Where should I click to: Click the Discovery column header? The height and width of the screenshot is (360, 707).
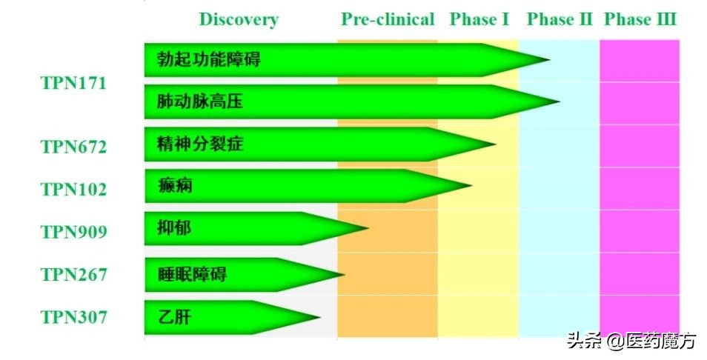tap(239, 19)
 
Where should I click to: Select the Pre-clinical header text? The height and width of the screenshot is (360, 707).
tap(388, 19)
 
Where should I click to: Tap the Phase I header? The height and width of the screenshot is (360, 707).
tap(479, 19)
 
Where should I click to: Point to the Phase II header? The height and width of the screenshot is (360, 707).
tap(560, 19)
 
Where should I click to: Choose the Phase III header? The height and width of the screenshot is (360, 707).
tap(640, 19)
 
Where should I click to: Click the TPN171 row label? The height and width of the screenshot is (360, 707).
tap(73, 83)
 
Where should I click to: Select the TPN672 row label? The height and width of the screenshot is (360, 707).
tap(73, 147)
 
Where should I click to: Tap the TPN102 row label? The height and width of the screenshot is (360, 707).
tap(73, 190)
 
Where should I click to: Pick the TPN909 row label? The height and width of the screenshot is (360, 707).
tap(73, 233)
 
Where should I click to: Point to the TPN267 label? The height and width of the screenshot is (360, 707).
tap(73, 275)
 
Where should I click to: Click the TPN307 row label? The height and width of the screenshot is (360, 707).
tap(73, 318)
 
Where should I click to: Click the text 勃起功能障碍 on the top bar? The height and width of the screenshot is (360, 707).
tap(208, 60)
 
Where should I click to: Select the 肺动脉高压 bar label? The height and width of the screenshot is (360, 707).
tap(199, 101)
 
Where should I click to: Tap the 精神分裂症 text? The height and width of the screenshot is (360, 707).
tap(200, 144)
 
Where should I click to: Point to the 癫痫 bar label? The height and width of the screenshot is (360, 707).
tap(175, 185)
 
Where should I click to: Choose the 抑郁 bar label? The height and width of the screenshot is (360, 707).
tap(174, 228)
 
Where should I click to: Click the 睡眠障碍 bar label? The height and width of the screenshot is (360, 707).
tap(191, 275)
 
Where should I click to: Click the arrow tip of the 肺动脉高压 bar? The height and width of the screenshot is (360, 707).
tap(557, 101)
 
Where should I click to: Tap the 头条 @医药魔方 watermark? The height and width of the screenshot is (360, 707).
tap(631, 341)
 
